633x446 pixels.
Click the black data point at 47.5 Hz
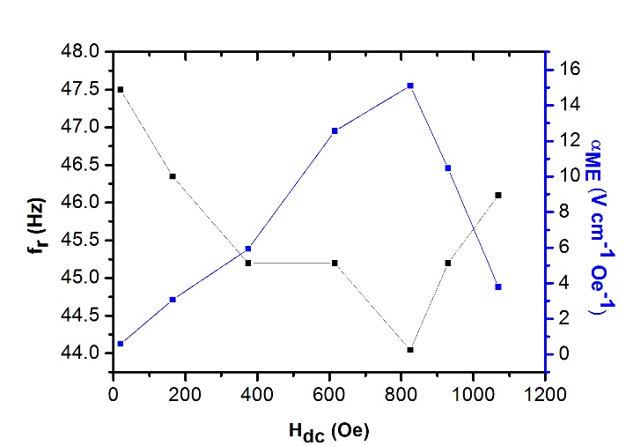click(121, 90)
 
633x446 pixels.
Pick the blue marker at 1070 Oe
click(498, 286)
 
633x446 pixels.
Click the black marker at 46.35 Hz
click(173, 176)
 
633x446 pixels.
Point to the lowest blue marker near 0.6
click(121, 344)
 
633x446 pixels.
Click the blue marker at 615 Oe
click(335, 130)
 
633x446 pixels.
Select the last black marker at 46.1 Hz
click(498, 195)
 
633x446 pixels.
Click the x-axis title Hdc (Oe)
click(328, 432)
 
